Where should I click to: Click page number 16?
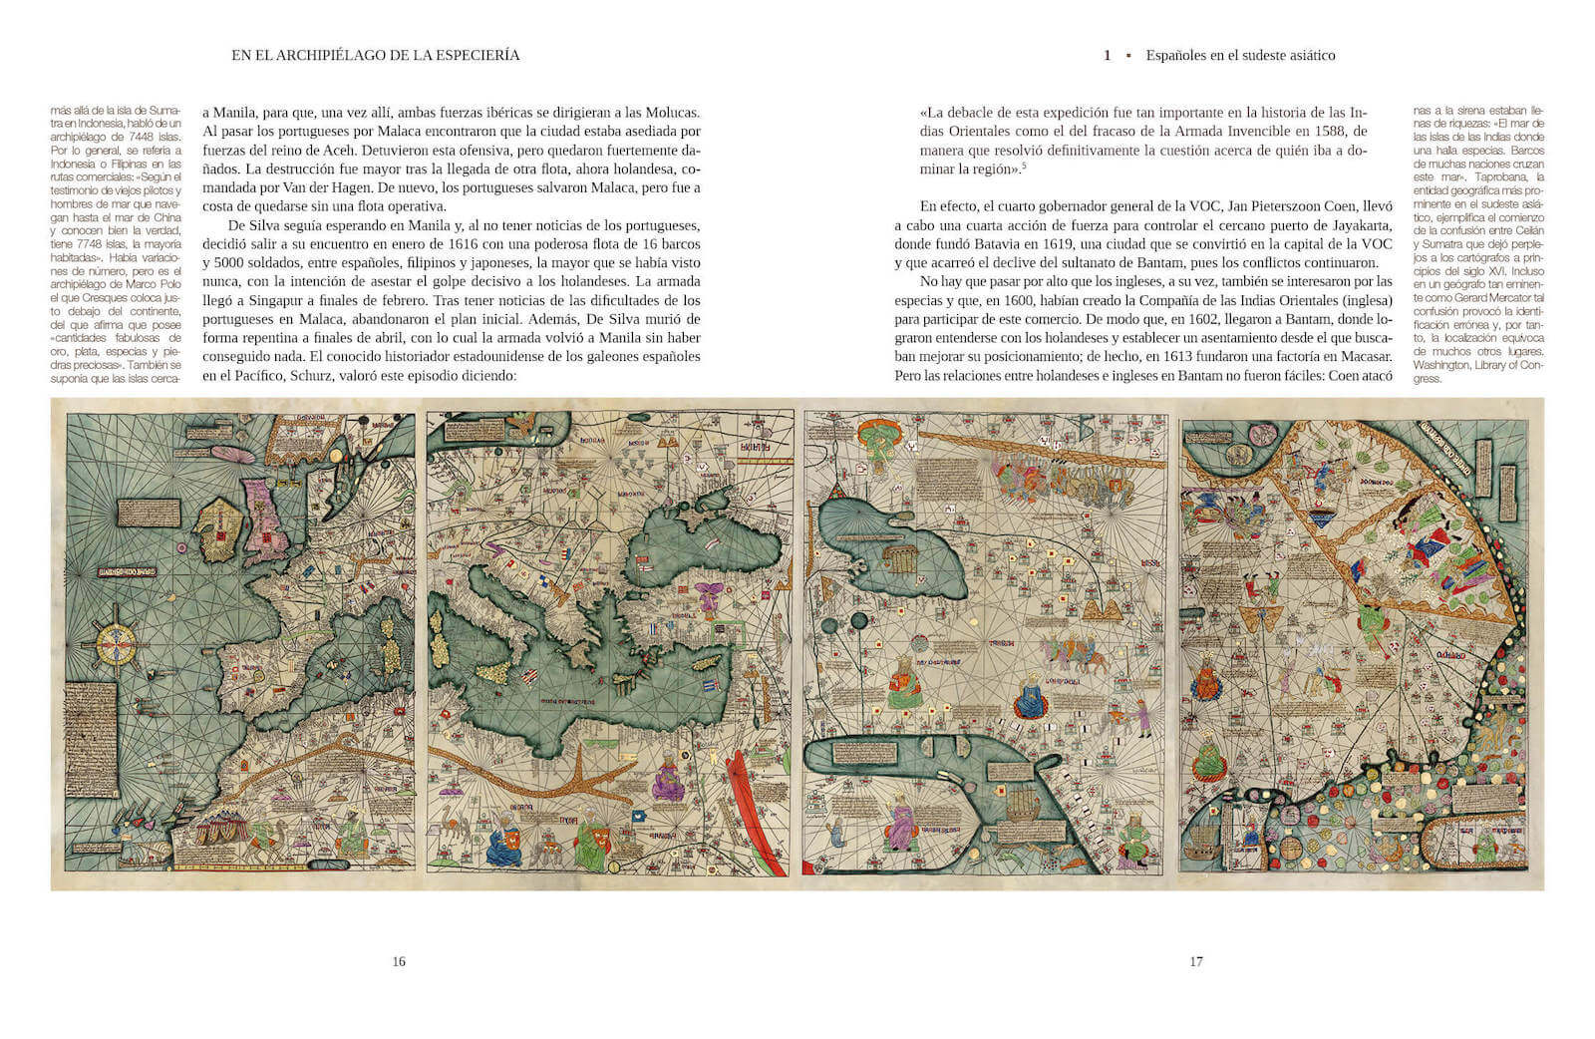click(x=399, y=962)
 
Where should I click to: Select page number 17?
click(x=1196, y=962)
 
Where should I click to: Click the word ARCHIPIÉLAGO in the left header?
click(x=320, y=56)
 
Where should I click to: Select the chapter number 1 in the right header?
click(x=1108, y=56)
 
